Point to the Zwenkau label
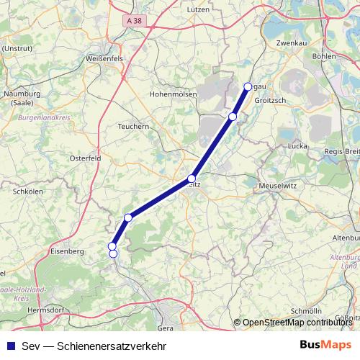tap(292, 43)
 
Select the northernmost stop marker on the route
tap(248, 86)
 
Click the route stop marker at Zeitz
tap(192, 178)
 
